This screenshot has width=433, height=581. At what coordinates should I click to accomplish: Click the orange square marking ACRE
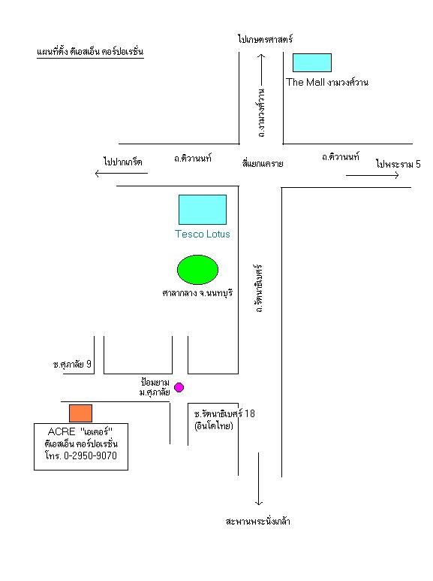(81, 413)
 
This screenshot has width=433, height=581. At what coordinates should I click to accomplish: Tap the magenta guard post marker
(179, 388)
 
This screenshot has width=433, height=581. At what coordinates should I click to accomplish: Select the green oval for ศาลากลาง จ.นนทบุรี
(197, 270)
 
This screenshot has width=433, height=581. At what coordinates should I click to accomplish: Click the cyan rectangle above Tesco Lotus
(203, 210)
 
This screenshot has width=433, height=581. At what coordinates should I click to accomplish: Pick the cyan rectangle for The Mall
(312, 62)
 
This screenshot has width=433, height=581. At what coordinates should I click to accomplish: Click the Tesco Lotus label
(203, 235)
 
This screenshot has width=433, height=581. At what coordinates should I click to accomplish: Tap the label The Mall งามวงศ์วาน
(327, 82)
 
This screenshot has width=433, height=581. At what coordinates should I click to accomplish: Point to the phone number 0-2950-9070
(90, 455)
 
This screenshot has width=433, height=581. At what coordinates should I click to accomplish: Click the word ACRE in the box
(62, 431)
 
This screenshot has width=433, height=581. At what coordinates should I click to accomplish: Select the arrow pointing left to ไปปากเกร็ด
(122, 173)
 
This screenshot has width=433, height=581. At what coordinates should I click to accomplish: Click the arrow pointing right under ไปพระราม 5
(372, 175)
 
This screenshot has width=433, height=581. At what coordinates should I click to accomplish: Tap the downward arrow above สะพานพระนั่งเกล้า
(259, 479)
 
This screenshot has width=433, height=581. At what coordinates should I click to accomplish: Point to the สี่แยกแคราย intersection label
(263, 163)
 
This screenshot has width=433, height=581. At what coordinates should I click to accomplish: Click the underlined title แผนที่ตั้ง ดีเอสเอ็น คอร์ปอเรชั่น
(90, 52)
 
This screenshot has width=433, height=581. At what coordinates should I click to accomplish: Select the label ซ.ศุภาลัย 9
(72, 365)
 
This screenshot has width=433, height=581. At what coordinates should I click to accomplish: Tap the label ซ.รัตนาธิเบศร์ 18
(224, 413)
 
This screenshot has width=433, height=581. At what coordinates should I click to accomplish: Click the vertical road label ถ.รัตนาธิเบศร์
(259, 289)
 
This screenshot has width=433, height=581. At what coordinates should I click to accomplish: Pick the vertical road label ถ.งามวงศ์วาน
(262, 113)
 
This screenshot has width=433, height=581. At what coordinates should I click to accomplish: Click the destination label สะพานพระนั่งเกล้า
(257, 522)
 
